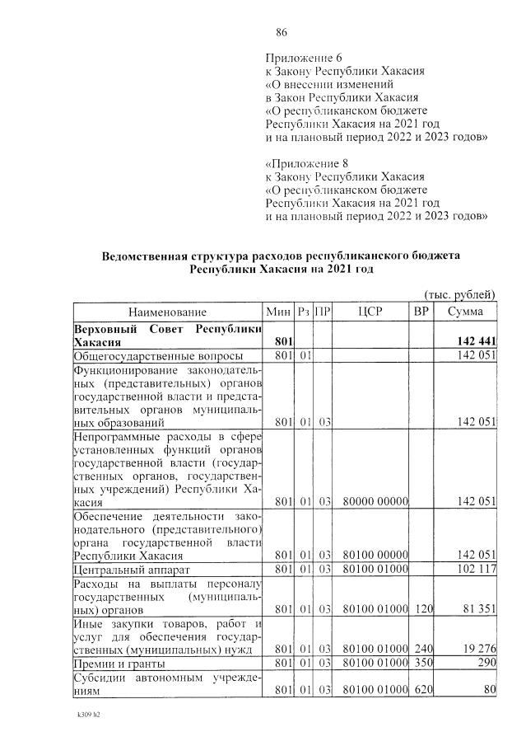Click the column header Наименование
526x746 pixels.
167,312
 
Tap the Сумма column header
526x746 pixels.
465,312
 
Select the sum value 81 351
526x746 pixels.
478,610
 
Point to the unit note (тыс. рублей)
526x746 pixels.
459,293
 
